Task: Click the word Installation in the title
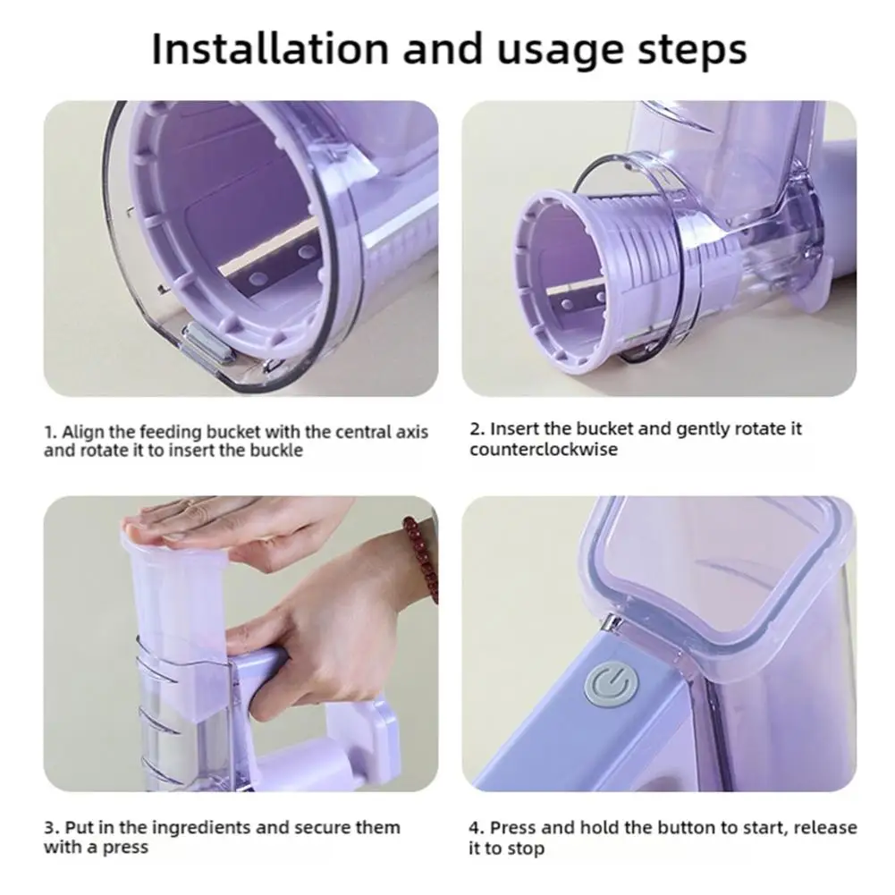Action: click(x=270, y=49)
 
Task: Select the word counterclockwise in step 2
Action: click(x=544, y=449)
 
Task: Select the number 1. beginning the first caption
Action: click(x=51, y=432)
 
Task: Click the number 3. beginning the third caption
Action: click(x=52, y=828)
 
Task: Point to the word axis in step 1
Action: click(x=411, y=432)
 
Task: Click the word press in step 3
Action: click(x=123, y=849)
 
